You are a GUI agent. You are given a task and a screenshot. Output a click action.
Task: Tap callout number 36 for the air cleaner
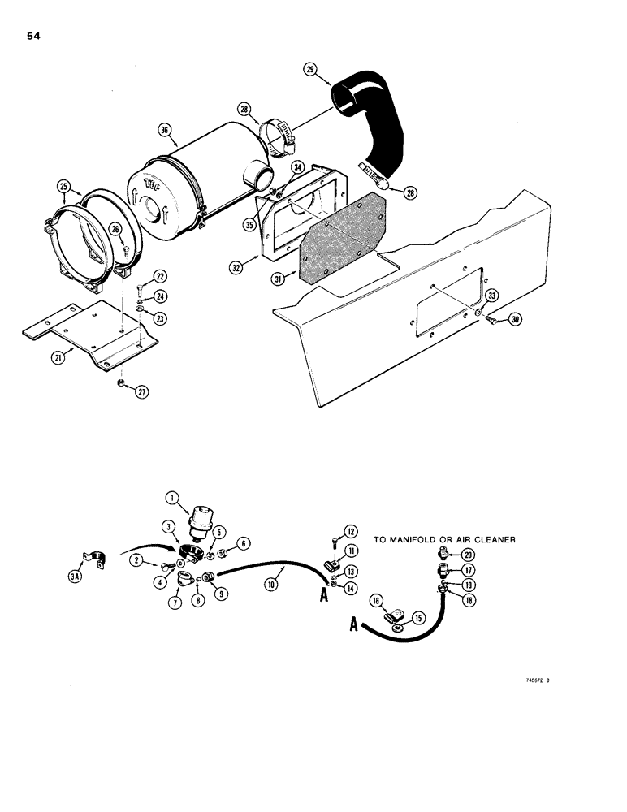point(165,129)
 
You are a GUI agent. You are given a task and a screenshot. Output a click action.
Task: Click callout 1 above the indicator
point(171,499)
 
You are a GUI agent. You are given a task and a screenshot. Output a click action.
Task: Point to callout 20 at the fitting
point(468,554)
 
